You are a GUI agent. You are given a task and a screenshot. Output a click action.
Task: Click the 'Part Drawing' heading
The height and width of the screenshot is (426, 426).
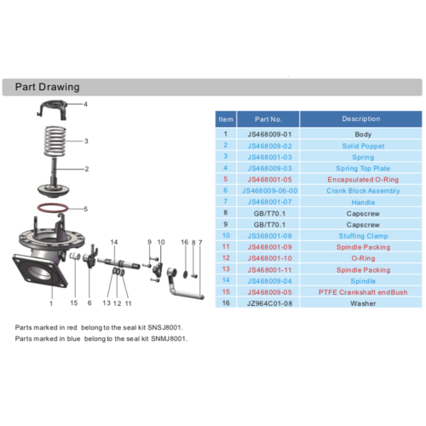[x=48, y=87]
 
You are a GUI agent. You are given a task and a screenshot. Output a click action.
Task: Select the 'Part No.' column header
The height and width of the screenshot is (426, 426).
[x=268, y=119]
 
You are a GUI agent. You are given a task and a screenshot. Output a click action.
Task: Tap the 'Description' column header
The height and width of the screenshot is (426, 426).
[x=360, y=119]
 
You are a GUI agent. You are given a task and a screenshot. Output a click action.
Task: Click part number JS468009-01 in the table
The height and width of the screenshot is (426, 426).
[x=268, y=135]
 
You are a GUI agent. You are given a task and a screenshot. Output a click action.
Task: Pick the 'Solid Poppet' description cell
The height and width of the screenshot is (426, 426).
[x=360, y=146]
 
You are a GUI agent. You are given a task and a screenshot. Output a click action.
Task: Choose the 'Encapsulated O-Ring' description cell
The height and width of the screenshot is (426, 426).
[x=360, y=179]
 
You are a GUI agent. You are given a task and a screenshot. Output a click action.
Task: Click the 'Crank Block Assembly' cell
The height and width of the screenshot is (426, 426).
[x=360, y=190]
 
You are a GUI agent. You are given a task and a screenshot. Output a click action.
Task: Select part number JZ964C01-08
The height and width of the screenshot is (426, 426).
[x=268, y=302]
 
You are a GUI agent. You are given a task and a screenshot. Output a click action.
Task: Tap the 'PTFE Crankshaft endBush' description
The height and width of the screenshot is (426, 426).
[x=360, y=291]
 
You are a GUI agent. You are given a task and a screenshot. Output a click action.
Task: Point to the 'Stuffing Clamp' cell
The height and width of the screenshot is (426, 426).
[x=360, y=235]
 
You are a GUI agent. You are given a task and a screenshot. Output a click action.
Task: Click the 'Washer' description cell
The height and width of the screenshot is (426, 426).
[x=360, y=302]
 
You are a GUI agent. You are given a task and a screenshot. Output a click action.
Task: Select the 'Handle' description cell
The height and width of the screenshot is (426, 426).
[x=360, y=201]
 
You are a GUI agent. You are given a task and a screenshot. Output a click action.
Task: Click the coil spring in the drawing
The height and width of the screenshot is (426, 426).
[x=55, y=141]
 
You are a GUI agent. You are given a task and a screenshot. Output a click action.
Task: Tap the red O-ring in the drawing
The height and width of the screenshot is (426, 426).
[x=54, y=209]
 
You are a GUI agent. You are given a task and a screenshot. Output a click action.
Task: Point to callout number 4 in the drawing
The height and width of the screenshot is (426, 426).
[x=85, y=104]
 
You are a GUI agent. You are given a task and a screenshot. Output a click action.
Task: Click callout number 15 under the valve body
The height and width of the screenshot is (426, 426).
[x=74, y=302]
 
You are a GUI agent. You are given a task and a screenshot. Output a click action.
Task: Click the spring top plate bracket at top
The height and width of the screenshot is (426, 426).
[x=55, y=109]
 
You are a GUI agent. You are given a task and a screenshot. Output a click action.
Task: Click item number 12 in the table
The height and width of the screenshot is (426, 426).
[x=225, y=257]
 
